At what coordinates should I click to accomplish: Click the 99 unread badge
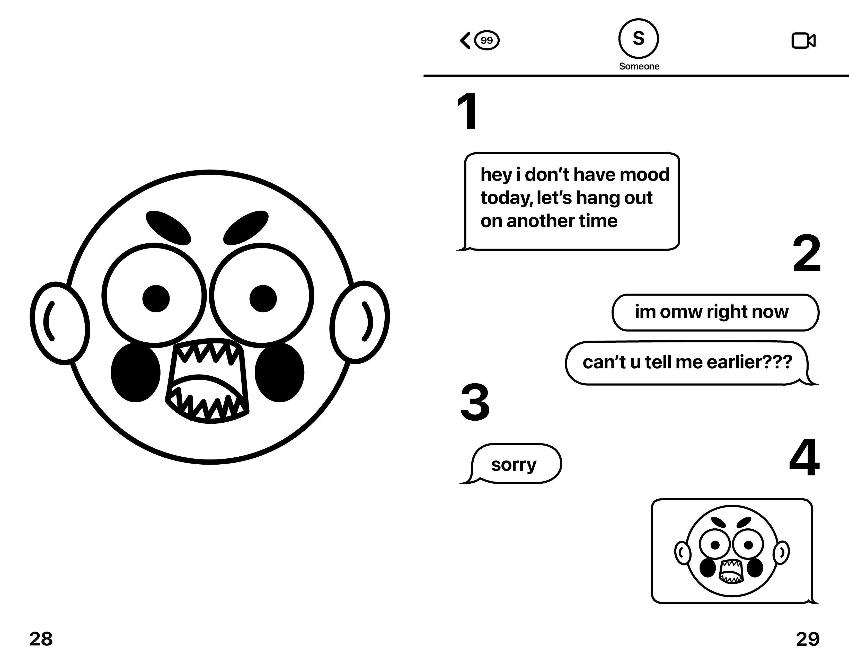pyautogui.click(x=487, y=40)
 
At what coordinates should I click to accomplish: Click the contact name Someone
pyautogui.click(x=639, y=66)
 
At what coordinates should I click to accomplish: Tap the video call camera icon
pyautogui.click(x=803, y=40)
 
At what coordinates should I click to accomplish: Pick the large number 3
pyautogui.click(x=475, y=402)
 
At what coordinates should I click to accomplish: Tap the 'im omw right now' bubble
pyautogui.click(x=715, y=312)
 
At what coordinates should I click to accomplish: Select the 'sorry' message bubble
pyautogui.click(x=514, y=464)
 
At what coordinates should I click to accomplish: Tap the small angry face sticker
pyautogui.click(x=732, y=551)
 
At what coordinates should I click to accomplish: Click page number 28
pyautogui.click(x=41, y=639)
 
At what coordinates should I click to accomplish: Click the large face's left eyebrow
pyautogui.click(x=168, y=227)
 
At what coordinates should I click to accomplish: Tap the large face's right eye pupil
pyautogui.click(x=263, y=298)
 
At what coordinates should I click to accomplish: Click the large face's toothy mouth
pyautogui.click(x=207, y=381)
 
